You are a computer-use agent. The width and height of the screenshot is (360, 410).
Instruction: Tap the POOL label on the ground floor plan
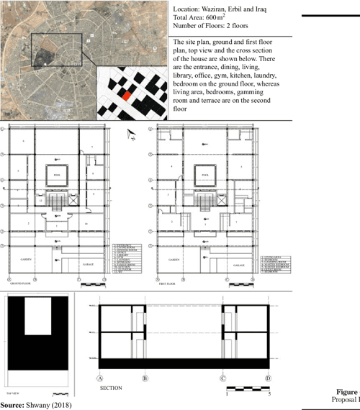[x=57, y=174]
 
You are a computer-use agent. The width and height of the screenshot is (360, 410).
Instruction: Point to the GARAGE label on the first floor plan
[x=237, y=265]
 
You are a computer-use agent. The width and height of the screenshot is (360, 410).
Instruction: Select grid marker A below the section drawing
[x=99, y=377]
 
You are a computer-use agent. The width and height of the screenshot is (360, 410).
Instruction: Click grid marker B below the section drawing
[x=145, y=377]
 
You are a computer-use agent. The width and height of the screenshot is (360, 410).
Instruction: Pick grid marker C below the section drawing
[x=223, y=377]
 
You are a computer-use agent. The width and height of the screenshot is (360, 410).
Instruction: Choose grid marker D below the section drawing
[x=268, y=377]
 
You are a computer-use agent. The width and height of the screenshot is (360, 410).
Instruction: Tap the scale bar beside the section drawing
[x=248, y=388]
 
